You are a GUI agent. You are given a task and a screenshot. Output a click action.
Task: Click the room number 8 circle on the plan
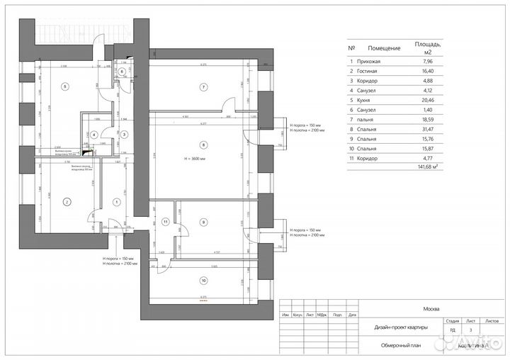203,146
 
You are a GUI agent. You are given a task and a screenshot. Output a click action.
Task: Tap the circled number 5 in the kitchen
65,86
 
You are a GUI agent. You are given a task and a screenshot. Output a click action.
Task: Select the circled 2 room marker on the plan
66,202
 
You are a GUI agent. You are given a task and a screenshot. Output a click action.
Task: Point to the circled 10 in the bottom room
203,279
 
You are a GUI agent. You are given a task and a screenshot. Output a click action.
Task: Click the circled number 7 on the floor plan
203,87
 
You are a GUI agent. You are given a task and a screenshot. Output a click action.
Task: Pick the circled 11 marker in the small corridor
165,222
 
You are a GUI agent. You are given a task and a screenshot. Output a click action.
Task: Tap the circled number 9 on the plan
203,222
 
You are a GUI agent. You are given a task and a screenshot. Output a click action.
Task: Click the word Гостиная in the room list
373,72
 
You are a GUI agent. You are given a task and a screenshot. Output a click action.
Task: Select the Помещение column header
377,48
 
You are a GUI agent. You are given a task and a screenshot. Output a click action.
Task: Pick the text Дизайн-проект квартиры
402,328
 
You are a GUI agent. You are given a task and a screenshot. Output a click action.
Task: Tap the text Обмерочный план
402,346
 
